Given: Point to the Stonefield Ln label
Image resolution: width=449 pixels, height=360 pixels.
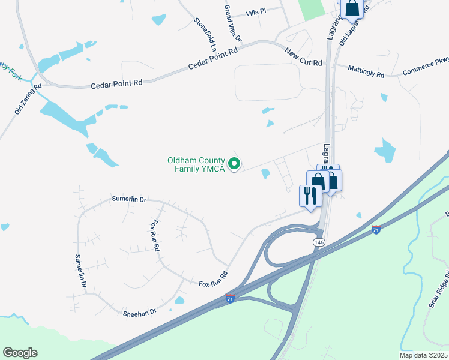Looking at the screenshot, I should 205,32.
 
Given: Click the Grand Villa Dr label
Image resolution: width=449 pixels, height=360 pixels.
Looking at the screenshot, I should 232,23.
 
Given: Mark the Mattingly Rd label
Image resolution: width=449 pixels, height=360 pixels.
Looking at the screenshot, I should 367,73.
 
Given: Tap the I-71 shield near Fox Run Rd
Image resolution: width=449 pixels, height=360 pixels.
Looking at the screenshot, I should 230,298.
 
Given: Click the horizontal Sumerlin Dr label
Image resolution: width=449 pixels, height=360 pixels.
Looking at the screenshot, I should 129,199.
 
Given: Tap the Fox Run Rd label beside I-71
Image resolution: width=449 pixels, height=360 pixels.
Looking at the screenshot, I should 212,278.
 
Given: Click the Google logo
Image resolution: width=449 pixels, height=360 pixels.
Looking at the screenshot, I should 20,353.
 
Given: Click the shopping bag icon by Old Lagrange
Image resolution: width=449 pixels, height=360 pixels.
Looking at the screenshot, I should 352,9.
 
